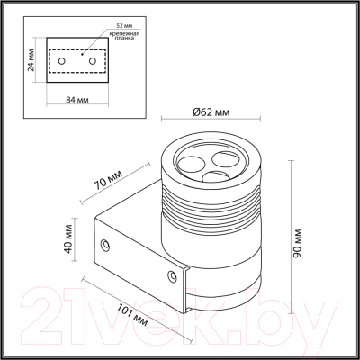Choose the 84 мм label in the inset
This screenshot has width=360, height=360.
tap(77, 100)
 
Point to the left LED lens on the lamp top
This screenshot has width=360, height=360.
tap(192, 164)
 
